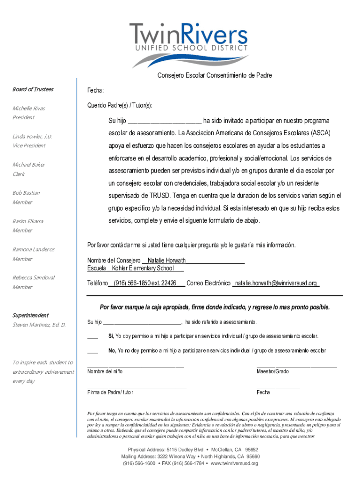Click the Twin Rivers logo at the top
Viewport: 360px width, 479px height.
pos(188,44)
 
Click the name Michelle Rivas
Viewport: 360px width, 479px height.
pos(29,109)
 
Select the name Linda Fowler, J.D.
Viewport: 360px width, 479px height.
pos(32,137)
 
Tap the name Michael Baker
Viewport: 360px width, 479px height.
pos(29,165)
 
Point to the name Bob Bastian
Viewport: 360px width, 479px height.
pos(26,193)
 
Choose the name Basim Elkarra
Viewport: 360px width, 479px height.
pos(28,221)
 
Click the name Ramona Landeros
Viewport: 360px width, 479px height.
pos(34,249)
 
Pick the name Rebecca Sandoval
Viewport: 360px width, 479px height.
pos(34,277)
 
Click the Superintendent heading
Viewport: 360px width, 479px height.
pos(30,315)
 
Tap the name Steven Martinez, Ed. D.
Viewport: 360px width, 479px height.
pos(39,325)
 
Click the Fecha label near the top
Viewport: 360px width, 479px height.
pos(95,90)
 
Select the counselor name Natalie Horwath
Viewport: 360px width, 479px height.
pos(166,260)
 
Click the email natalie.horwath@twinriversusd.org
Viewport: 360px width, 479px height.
pos(276,283)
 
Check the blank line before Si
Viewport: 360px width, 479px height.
pos(93,336)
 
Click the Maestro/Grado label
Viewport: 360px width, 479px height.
pos(273,371)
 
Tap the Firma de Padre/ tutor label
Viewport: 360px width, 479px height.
pos(110,392)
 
